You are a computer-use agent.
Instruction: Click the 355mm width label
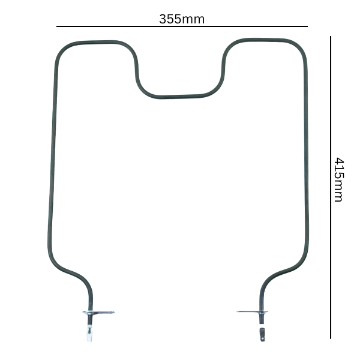(181, 19)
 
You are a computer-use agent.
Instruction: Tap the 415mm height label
(338, 179)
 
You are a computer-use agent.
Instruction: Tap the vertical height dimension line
(331, 270)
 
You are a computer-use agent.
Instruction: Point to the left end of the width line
(57, 26)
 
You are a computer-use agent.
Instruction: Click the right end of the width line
(307, 26)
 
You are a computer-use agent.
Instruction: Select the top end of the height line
(331, 37)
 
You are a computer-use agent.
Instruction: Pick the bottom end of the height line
(331, 338)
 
